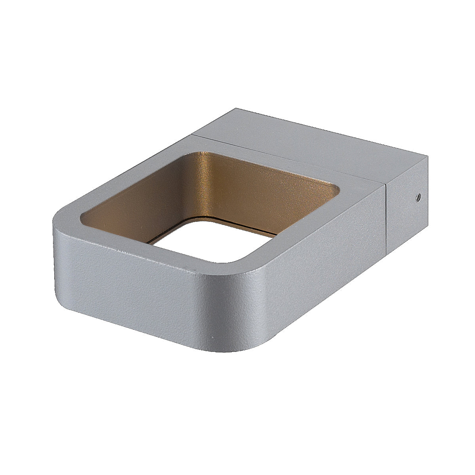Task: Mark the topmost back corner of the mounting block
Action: (x=236, y=108)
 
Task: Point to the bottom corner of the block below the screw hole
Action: (x=386, y=253)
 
